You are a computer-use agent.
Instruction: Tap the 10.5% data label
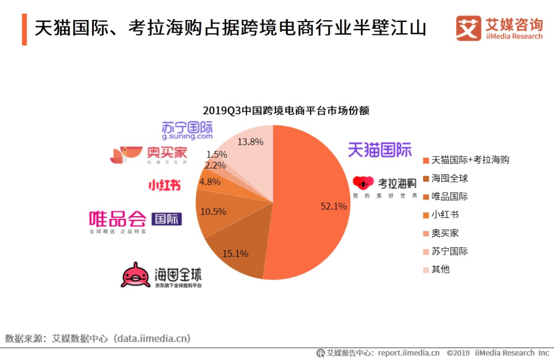(214, 211)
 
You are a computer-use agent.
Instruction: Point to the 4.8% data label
(210, 182)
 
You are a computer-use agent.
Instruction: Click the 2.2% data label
(215, 165)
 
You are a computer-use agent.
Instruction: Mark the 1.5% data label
(216, 154)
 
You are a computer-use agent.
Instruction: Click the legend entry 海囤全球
(449, 178)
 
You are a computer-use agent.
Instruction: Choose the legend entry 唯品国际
(449, 196)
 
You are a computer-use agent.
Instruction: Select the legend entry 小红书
(445, 215)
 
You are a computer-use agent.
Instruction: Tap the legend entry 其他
(440, 269)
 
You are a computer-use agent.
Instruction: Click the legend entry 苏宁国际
(449, 251)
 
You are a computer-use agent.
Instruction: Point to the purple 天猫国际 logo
(380, 150)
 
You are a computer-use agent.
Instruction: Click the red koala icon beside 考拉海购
(364, 183)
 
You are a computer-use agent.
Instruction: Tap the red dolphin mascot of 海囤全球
(135, 275)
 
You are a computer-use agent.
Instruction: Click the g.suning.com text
(187, 137)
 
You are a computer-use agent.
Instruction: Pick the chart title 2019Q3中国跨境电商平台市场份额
(286, 111)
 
